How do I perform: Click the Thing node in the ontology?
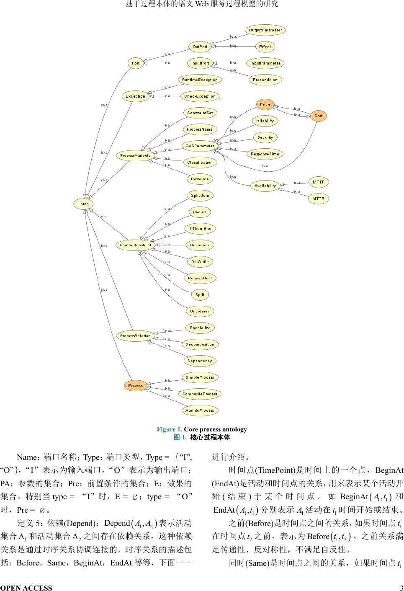click(x=83, y=204)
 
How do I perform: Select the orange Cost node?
click(x=319, y=116)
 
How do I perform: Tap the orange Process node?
click(x=135, y=385)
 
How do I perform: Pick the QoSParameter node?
click(x=200, y=146)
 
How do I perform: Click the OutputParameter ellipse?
click(x=265, y=30)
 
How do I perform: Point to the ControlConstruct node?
click(x=135, y=245)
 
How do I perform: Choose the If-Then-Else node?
click(x=200, y=228)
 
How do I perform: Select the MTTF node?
click(x=319, y=182)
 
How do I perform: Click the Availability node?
click(x=265, y=186)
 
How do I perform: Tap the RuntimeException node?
click(x=200, y=80)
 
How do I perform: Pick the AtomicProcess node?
click(x=200, y=410)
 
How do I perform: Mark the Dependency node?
click(x=200, y=361)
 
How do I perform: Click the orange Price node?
click(x=265, y=104)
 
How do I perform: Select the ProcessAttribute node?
click(x=135, y=155)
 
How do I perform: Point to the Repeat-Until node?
click(x=200, y=278)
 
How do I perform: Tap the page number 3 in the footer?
click(x=401, y=588)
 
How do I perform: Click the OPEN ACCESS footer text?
click(x=26, y=588)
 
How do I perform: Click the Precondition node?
click(x=265, y=80)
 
